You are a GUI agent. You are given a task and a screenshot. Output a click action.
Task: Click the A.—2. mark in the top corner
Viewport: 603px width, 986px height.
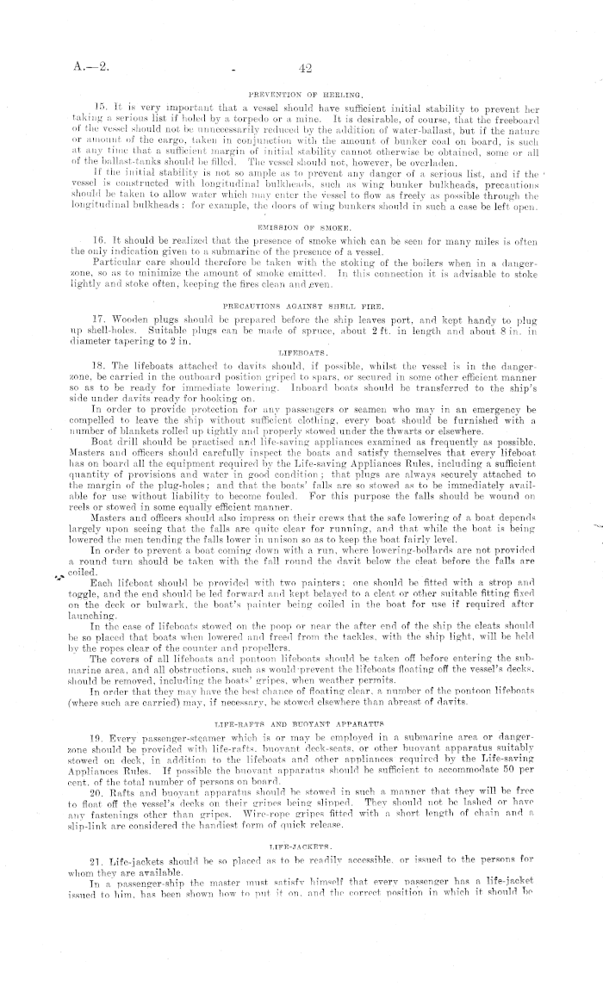coord(90,68)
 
